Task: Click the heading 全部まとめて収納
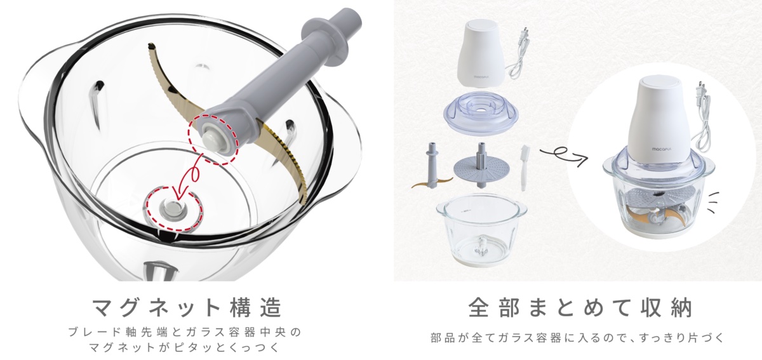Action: point(579,308)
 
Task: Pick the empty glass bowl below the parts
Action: point(480,231)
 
